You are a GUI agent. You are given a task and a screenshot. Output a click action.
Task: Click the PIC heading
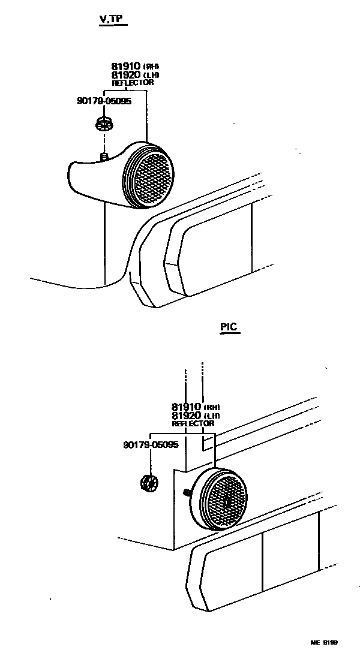tap(229, 327)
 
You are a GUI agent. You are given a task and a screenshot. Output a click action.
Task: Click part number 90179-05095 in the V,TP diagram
tap(104, 101)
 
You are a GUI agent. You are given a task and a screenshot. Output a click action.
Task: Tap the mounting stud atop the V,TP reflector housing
tap(104, 157)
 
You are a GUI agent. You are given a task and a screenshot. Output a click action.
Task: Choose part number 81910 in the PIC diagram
tap(187, 407)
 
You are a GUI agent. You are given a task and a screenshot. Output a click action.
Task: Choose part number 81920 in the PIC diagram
tap(187, 415)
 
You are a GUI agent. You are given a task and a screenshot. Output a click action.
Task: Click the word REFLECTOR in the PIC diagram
tap(193, 423)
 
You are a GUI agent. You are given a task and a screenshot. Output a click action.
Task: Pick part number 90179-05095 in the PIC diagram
tap(151, 444)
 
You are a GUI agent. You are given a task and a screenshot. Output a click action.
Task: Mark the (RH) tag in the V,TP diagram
tap(152, 67)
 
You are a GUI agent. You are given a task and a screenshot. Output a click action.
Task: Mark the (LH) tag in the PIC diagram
tap(212, 416)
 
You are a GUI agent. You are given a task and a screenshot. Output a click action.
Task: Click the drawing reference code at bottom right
tap(324, 642)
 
